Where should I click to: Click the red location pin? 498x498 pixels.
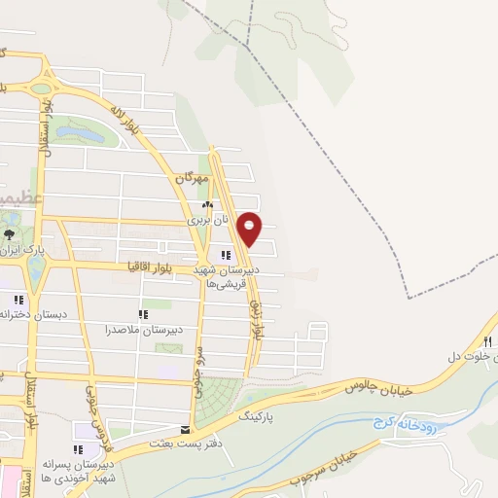(x=251, y=229)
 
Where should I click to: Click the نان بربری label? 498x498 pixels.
(x=207, y=221)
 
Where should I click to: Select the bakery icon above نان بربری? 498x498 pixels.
(x=206, y=206)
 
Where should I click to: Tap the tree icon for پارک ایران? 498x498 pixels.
(x=10, y=235)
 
